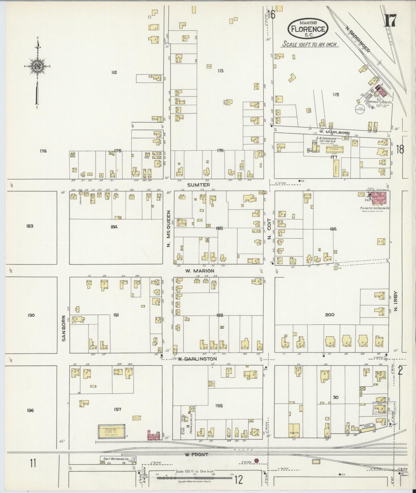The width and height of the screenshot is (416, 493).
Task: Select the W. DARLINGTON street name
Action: coord(197,359)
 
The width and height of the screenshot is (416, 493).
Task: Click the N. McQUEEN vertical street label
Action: coord(169,228)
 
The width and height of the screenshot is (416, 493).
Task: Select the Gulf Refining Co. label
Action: coord(115,459)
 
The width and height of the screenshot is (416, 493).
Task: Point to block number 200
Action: coord(329,315)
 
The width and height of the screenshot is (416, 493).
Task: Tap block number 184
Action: coord(114,227)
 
